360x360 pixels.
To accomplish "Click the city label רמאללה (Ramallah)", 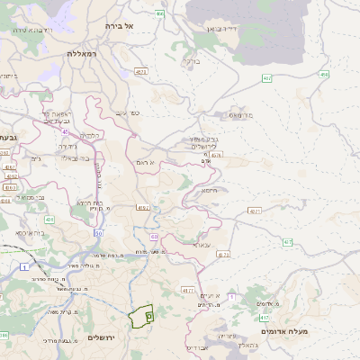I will click(86, 54).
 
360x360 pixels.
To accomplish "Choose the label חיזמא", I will click(210, 190).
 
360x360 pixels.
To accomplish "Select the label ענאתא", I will click(200, 243).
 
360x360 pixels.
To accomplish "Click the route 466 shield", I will click(159, 13).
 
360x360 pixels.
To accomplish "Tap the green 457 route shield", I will click(267, 79).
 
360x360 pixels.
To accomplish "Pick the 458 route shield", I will click(323, 75).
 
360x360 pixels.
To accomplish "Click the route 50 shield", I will click(98, 232).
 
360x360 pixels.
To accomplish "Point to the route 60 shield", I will click(155, 237).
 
